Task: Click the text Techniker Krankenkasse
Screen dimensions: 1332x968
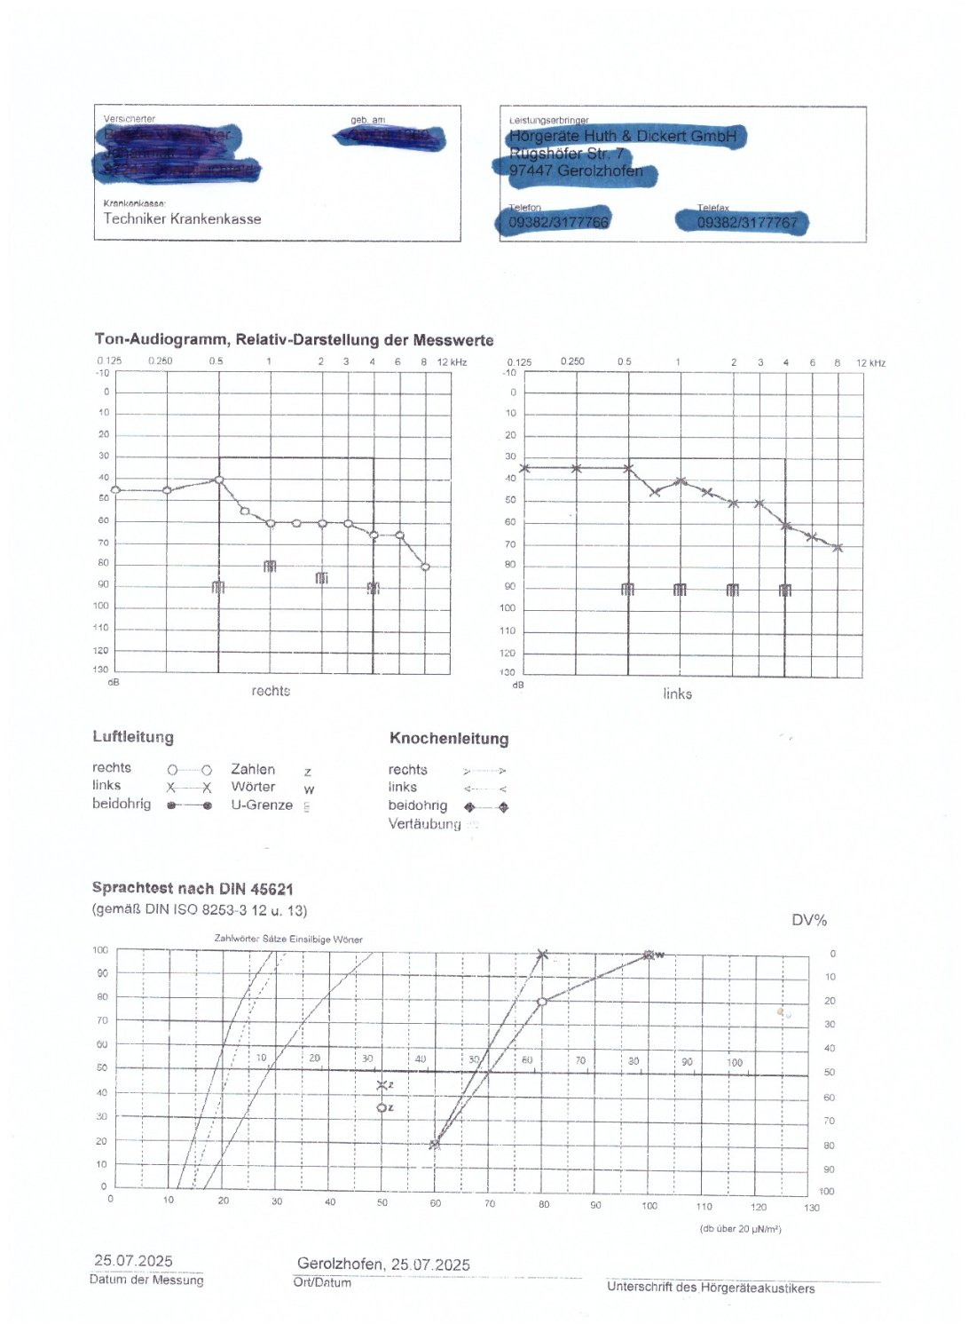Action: (182, 218)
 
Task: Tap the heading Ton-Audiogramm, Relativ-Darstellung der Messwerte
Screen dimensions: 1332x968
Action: (294, 340)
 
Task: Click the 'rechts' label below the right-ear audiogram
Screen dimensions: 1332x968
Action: (271, 691)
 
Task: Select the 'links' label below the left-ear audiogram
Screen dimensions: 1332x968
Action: (677, 694)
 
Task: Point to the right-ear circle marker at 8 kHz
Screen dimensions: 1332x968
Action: (425, 567)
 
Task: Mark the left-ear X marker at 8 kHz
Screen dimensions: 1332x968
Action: (838, 548)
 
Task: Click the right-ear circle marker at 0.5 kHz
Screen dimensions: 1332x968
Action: (219, 480)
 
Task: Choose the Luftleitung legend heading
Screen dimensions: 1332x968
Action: (133, 737)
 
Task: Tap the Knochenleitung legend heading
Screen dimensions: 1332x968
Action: (449, 739)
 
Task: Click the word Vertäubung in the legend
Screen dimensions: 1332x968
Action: (424, 824)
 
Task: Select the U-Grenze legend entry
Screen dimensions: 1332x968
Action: (262, 805)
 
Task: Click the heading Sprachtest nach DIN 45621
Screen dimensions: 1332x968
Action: (193, 889)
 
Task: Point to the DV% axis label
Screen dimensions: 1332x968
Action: (809, 921)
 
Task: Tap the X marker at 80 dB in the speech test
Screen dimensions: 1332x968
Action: (543, 955)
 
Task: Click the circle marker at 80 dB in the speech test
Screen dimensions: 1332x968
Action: (542, 1002)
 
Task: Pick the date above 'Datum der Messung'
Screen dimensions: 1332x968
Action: (133, 1261)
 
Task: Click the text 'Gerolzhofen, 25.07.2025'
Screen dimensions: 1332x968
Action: (383, 1265)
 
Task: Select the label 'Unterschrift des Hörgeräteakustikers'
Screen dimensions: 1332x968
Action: (711, 1288)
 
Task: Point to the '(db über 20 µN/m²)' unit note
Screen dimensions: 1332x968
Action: (741, 1229)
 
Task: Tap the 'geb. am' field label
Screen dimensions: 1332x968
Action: (367, 120)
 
